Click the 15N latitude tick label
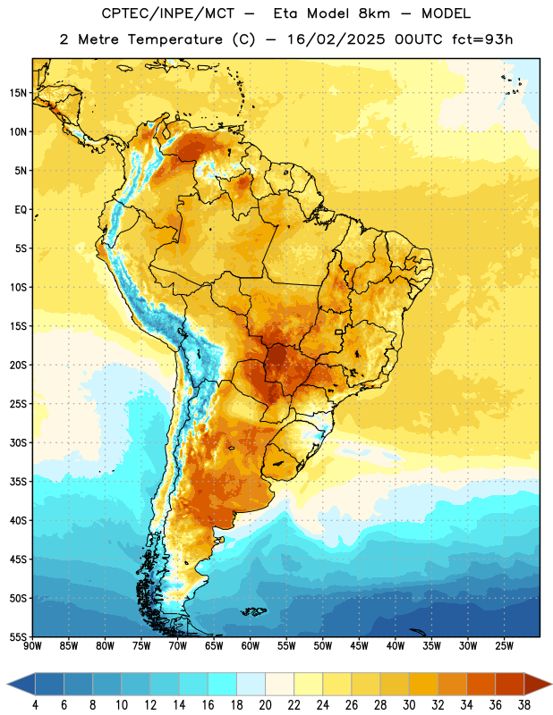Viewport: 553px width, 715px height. (18, 93)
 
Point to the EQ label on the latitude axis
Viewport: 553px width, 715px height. (21, 210)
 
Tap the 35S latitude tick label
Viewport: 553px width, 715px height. (18, 482)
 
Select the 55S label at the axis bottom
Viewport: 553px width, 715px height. (18, 636)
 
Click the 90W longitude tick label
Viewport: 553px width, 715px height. (32, 646)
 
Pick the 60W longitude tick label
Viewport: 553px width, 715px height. (251, 646)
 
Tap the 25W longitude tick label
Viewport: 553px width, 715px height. (504, 646)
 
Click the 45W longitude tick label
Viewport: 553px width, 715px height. (359, 646)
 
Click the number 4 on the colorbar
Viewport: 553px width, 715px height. (35, 705)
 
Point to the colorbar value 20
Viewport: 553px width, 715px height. (265, 705)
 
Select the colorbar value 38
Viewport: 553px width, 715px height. (524, 705)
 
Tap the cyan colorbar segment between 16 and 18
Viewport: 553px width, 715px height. (223, 684)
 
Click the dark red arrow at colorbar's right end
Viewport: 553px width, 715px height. (537, 684)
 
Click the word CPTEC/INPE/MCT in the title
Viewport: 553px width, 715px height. (168, 13)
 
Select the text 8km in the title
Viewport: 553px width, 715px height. (374, 13)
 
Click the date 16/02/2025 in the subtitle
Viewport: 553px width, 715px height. (336, 39)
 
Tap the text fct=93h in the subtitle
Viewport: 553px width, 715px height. (482, 39)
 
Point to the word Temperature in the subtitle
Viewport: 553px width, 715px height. (175, 39)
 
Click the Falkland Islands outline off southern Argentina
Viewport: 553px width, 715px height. (254, 611)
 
